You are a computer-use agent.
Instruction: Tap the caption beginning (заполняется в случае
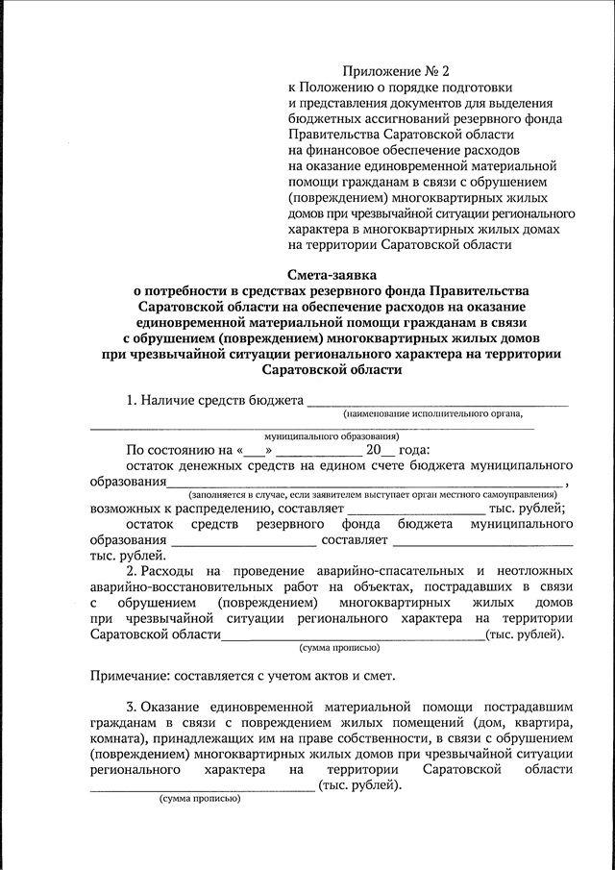coord(366,493)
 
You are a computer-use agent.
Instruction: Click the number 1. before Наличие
coord(133,399)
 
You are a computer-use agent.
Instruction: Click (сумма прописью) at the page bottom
coord(199,798)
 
